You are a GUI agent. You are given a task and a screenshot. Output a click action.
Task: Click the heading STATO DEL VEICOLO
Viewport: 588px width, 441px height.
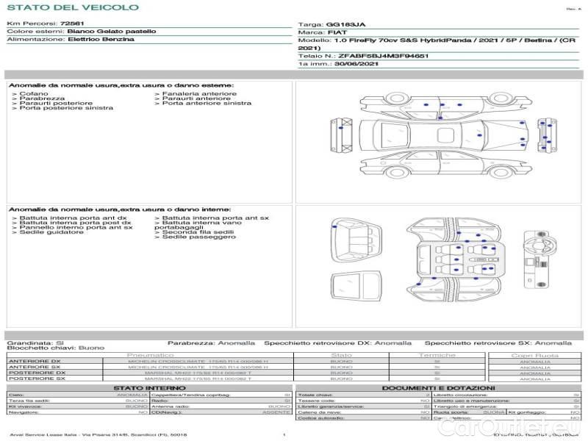(72, 7)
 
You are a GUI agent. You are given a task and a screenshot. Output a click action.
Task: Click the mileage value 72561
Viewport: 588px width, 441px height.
(72, 24)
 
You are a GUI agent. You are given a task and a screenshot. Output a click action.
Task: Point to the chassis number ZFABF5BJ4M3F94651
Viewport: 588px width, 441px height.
(384, 56)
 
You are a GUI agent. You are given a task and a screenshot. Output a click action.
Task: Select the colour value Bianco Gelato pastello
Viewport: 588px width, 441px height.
(111, 32)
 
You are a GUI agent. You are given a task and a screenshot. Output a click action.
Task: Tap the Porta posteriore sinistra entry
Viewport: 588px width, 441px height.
(66, 108)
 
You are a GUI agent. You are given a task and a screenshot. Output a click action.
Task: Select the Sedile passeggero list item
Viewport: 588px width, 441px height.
(193, 237)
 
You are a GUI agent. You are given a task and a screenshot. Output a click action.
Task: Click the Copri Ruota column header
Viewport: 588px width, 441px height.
(534, 355)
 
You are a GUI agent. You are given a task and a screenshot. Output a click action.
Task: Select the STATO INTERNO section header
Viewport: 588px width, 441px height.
(150, 387)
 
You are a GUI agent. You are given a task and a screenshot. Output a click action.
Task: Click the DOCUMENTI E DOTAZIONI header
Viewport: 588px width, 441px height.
(438, 387)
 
